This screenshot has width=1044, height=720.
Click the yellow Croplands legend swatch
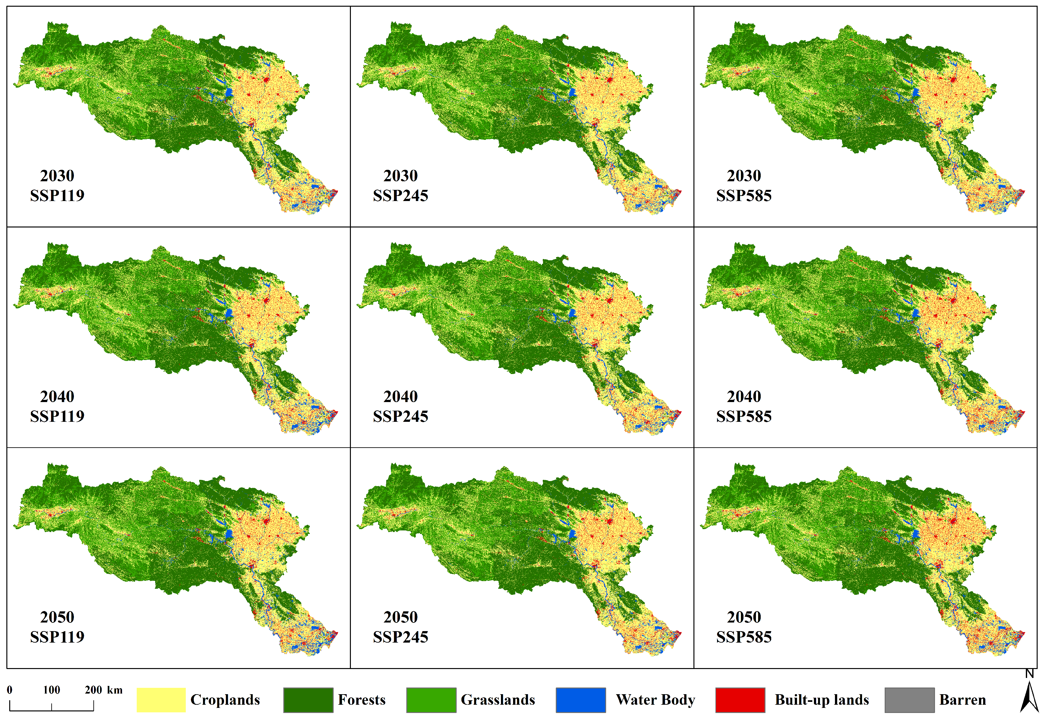[161, 700]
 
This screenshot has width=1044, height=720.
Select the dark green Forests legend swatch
[308, 700]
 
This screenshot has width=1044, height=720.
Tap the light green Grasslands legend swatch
[431, 700]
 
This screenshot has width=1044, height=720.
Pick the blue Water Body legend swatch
[581, 700]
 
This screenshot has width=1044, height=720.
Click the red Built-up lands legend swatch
[740, 700]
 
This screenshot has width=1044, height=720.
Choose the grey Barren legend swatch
[909, 700]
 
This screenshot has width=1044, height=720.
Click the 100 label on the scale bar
[51, 690]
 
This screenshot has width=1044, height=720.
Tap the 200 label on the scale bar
[93, 690]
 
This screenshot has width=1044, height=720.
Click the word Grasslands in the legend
[498, 700]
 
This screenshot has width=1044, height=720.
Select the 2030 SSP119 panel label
[57, 185]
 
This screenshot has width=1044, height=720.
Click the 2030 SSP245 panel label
[401, 185]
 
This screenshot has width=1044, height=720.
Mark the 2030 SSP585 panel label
[744, 185]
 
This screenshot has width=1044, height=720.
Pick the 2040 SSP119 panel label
[57, 406]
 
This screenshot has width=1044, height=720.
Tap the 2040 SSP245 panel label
[401, 406]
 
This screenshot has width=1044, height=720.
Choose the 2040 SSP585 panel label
[744, 406]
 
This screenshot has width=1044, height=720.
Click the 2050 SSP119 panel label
[57, 627]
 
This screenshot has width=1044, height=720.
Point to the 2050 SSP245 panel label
[401, 627]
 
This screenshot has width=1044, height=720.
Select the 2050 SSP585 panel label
[744, 627]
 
